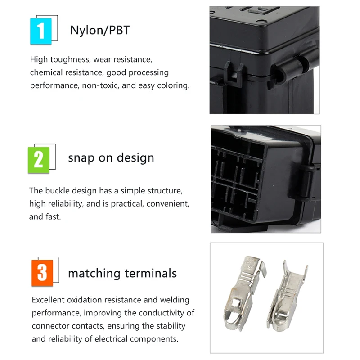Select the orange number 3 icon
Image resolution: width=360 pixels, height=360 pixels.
click(42, 273)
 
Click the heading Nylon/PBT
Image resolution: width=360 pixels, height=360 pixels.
click(99, 30)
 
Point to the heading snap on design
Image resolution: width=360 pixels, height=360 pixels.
click(111, 158)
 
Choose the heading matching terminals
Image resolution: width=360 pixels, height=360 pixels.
click(122, 273)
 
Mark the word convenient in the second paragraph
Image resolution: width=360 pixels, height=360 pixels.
click(166, 204)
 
